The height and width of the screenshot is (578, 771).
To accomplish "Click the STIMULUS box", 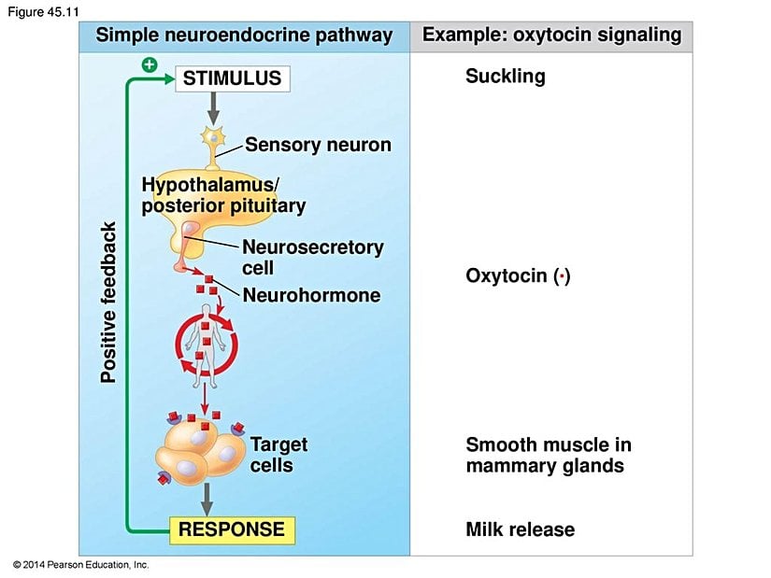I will click(233, 78).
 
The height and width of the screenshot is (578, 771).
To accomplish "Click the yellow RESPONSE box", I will click(232, 529).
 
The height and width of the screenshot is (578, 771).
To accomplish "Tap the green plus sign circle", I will click(148, 64).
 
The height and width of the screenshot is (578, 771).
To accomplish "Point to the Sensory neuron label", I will click(318, 145).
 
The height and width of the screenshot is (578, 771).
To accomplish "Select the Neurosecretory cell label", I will click(312, 257).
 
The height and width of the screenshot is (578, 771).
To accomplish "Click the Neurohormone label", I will click(311, 295).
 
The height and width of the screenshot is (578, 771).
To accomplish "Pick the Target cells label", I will click(278, 455).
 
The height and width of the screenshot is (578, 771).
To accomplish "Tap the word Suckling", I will click(505, 77).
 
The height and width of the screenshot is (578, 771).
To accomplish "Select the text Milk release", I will click(520, 529).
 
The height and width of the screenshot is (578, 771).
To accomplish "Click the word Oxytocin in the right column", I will click(506, 276).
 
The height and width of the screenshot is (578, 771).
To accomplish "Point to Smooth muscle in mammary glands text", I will click(548, 455).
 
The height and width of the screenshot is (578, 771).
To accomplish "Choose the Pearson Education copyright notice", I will click(81, 565).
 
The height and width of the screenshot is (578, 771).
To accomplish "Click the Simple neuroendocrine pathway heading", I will click(245, 35).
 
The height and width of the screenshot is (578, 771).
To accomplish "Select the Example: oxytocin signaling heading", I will click(551, 35).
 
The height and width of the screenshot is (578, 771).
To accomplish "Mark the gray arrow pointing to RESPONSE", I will click(207, 497).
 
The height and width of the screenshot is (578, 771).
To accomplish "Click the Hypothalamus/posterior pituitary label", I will click(222, 194).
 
